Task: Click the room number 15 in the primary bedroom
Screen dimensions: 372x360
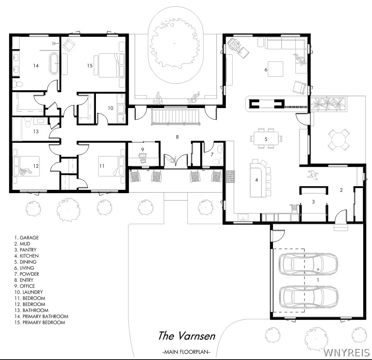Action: click(90, 66)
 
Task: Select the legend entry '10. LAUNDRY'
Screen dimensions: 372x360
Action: click(28, 292)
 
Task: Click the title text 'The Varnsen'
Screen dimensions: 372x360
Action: click(187, 336)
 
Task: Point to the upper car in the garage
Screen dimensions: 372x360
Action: click(308, 264)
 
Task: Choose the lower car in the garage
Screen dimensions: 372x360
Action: click(308, 297)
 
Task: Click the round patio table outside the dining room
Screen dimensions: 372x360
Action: click(339, 139)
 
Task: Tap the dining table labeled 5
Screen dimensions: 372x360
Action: click(266, 138)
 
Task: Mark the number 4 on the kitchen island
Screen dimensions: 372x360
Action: click(256, 180)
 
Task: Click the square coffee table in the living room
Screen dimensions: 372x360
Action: click(275, 69)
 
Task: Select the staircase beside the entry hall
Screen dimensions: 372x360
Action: click(175, 117)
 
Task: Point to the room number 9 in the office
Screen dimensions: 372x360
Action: click(143, 150)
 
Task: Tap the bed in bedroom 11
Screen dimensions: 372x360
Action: click(112, 166)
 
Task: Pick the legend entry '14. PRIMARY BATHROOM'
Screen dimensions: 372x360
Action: click(41, 316)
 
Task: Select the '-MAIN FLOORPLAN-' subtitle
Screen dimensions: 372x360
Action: click(186, 352)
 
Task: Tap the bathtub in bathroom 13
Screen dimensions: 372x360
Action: click(17, 129)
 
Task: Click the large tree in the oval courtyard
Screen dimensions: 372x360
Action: click(175, 43)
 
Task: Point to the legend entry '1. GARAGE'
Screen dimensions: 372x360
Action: click(26, 238)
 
